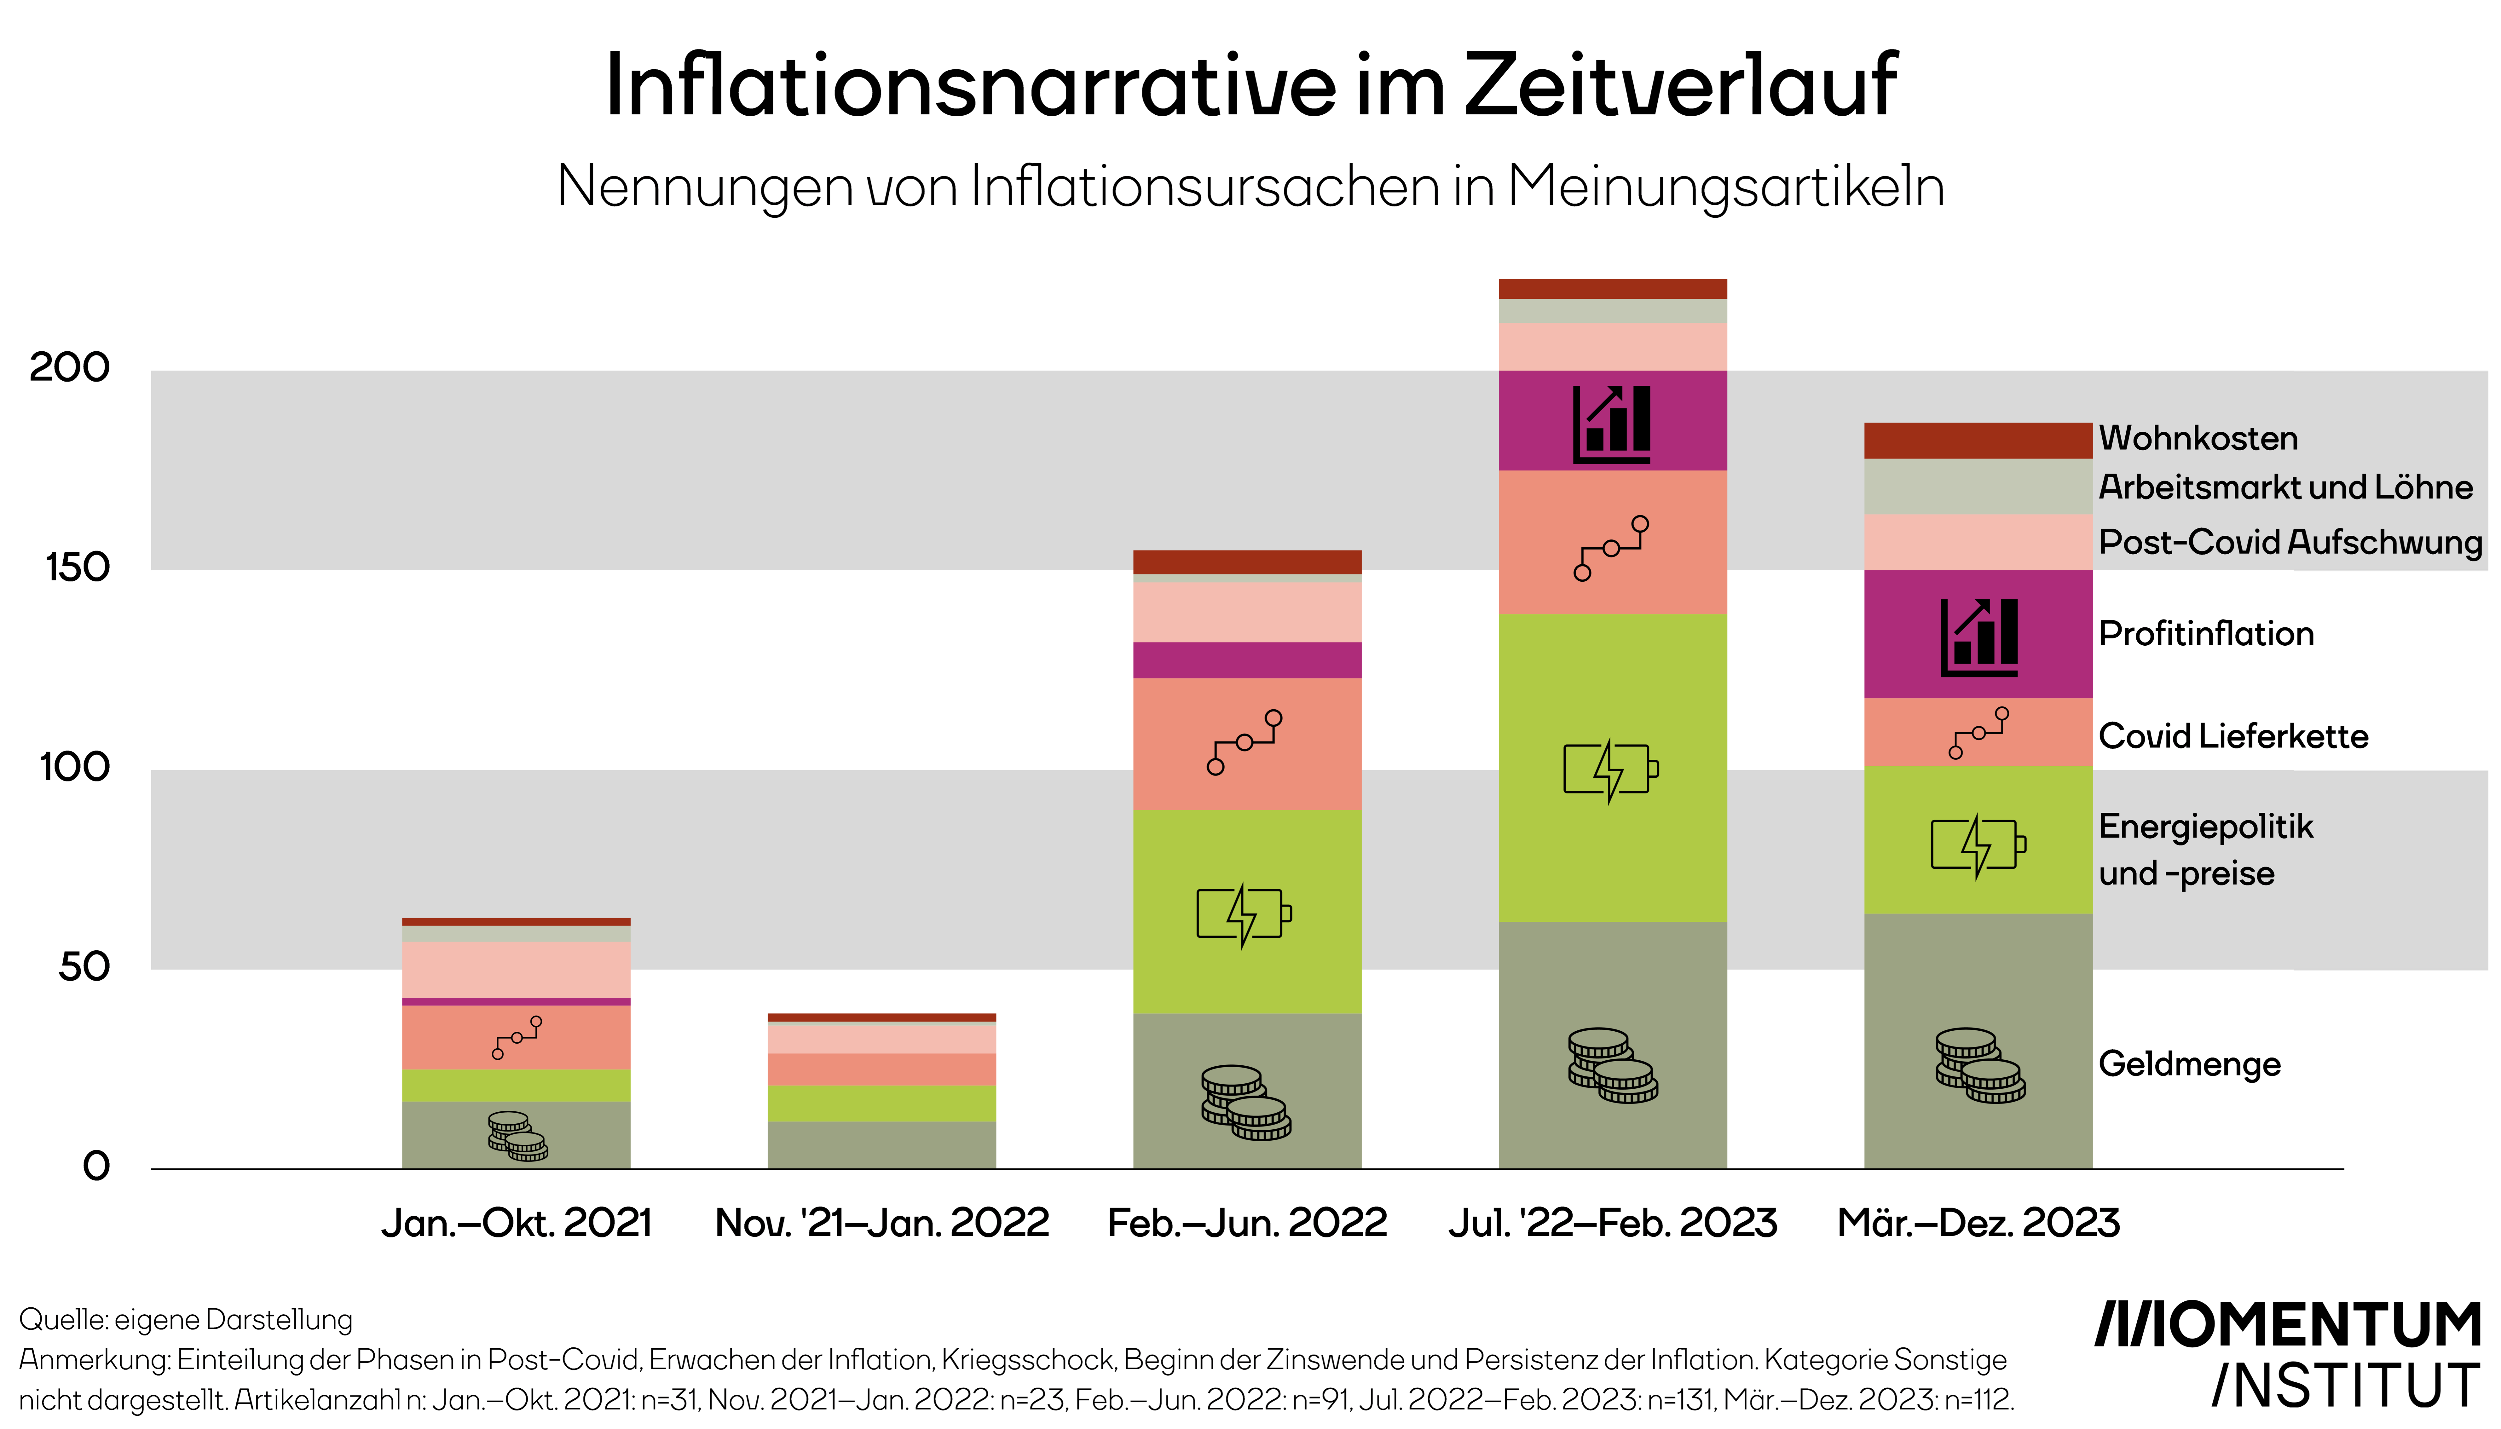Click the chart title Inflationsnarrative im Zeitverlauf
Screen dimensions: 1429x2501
click(1250, 86)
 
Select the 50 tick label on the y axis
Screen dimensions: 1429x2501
click(84, 967)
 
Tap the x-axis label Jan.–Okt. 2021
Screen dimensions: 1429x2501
click(516, 1223)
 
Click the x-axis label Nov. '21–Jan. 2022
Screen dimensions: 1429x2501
click(881, 1223)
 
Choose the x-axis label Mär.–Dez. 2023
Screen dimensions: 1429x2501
click(1978, 1223)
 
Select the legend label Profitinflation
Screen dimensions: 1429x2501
click(2206, 634)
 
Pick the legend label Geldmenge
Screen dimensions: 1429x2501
click(2189, 1064)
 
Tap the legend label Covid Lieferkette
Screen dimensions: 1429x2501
click(2233, 736)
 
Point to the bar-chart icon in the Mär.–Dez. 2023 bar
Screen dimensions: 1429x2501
click(1979, 637)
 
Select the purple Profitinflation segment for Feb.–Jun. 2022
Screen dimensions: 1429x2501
click(1247, 660)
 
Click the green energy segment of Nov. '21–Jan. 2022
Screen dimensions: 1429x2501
click(881, 1103)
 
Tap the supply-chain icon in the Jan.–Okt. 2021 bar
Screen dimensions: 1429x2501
click(516, 1037)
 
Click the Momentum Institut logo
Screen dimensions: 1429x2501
click(2287, 1354)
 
